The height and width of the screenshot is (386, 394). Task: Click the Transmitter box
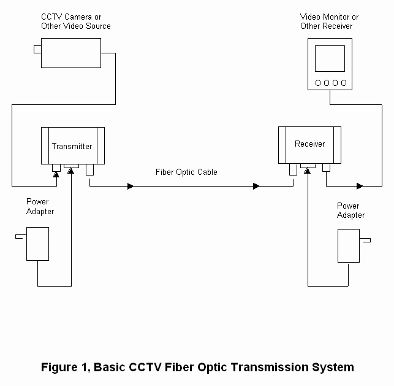click(x=72, y=145)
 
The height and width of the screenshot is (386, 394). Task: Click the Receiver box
click(x=309, y=144)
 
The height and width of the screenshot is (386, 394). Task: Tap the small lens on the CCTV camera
click(x=37, y=49)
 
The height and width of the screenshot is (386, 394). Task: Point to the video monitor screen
click(x=330, y=60)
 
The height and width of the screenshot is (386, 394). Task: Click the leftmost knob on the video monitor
click(x=317, y=82)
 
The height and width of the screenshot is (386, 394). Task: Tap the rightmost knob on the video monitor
click(x=343, y=82)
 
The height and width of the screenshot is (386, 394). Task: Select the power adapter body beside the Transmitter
click(x=38, y=244)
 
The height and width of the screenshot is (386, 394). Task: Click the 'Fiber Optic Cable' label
click(x=186, y=172)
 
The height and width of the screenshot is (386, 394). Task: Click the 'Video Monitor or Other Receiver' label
click(x=330, y=21)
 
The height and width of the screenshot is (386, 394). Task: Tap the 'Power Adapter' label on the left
click(x=40, y=206)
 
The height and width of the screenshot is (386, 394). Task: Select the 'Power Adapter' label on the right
click(x=350, y=210)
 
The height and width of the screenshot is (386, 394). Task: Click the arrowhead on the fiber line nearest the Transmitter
click(x=130, y=185)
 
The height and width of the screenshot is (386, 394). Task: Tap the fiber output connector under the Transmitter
click(x=90, y=169)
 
